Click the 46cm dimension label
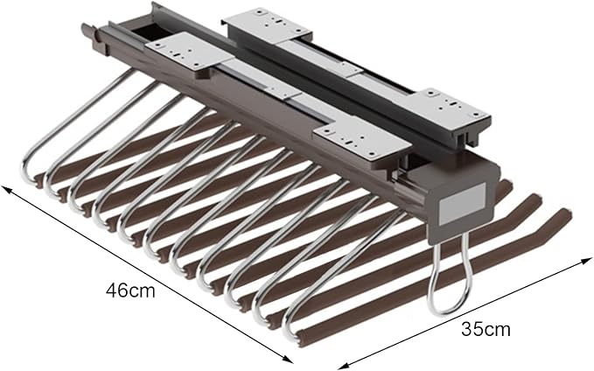(x=130, y=290)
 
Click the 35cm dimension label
(x=486, y=329)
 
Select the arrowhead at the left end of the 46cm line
(x=8, y=189)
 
